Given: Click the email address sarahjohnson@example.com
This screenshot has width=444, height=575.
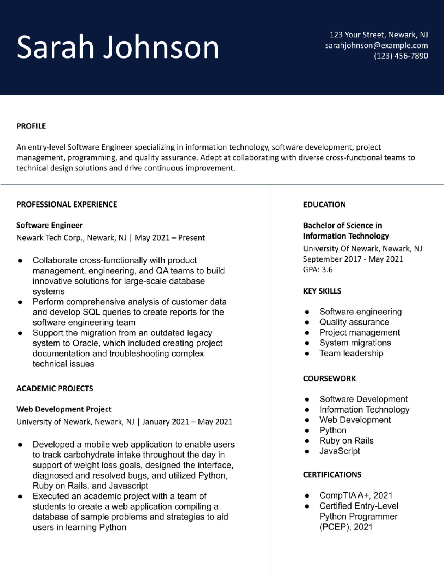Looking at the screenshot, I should click(376, 46).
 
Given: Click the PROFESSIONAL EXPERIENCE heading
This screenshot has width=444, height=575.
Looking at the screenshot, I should click(67, 205).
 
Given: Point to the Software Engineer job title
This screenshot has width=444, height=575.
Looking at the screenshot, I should click(49, 225).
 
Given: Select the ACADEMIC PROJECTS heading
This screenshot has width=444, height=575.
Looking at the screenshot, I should click(55, 389).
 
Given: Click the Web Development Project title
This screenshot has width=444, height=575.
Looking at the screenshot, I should click(64, 409).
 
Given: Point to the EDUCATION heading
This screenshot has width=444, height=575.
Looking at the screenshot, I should click(324, 205).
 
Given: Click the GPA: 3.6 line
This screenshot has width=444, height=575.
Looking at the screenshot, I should click(318, 270).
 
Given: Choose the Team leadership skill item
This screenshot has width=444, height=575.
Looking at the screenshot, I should click(351, 353).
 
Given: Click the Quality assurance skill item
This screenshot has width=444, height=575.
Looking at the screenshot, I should click(354, 322).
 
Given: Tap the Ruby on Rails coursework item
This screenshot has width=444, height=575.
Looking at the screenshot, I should click(346, 441).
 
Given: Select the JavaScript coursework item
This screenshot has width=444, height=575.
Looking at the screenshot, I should click(340, 451).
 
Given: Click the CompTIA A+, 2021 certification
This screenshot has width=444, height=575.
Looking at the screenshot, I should click(356, 495).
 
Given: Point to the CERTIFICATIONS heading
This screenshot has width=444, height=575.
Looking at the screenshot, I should click(332, 475).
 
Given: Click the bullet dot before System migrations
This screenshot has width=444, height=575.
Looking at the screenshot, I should click(307, 343).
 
